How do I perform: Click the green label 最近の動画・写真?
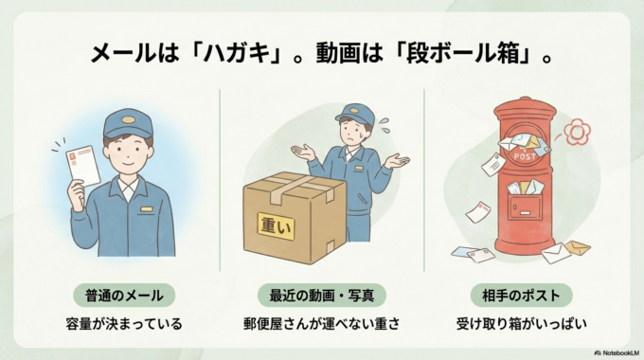320,295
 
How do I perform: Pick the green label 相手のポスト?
527,295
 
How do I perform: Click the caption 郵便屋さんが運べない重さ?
320,324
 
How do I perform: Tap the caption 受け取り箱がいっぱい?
527,324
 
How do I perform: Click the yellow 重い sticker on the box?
277,225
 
